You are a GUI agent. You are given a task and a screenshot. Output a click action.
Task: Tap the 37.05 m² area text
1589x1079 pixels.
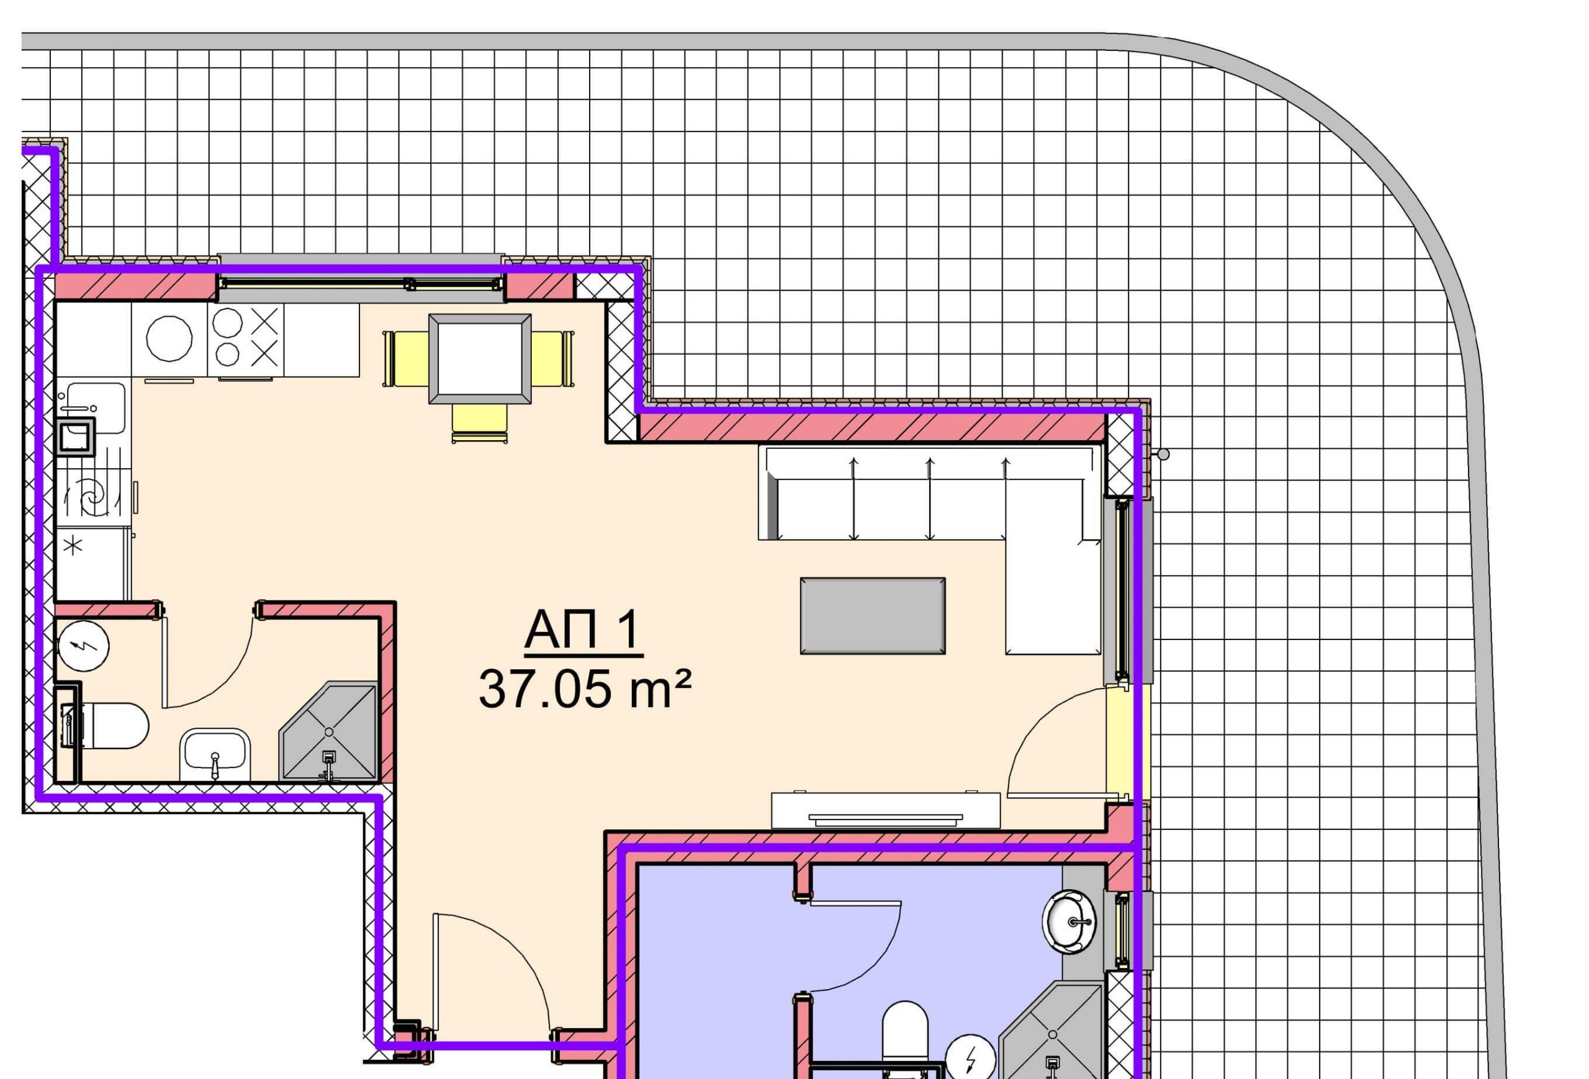[585, 689]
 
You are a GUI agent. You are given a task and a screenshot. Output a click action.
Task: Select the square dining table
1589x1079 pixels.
[480, 358]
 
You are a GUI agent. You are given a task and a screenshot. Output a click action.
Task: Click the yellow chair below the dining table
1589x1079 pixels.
[479, 424]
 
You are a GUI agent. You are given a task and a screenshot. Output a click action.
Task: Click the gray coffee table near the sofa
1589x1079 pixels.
[873, 615]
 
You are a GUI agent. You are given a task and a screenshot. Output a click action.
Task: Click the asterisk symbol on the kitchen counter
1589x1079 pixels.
[73, 545]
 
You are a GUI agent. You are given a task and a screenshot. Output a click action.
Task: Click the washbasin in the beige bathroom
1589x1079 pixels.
[215, 754]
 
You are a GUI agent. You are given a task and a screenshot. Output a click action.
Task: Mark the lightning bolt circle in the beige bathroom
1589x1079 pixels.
[84, 646]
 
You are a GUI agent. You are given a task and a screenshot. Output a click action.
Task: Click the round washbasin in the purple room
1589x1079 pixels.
[1069, 922]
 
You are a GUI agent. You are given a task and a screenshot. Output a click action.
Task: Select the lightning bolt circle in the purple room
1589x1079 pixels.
[970, 1059]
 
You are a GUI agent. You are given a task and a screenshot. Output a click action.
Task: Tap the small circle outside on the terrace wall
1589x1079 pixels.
[1164, 454]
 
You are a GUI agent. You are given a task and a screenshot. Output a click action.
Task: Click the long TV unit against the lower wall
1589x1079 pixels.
[886, 810]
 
